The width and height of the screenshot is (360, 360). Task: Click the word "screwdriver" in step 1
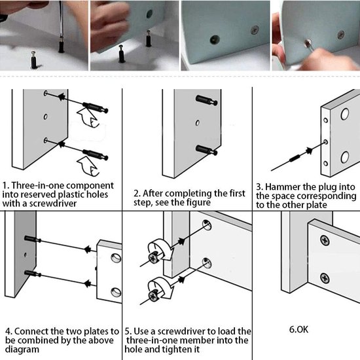pyautogui.click(x=53, y=204)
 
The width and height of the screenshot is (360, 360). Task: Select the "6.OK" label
pyautogui.click(x=298, y=329)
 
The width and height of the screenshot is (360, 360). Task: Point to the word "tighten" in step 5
pyautogui.click(x=175, y=350)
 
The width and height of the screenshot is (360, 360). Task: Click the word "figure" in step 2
pyautogui.click(x=198, y=202)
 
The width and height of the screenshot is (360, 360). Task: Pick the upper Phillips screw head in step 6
pyautogui.click(x=325, y=241)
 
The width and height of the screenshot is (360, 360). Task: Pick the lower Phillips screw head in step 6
pyautogui.click(x=325, y=278)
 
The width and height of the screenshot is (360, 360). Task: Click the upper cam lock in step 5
pyautogui.click(x=153, y=258)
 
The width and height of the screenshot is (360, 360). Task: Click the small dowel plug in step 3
pyautogui.click(x=295, y=158)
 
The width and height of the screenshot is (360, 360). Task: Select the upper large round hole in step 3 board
pyautogui.click(x=344, y=114)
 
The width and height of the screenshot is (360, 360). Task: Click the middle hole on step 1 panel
pyautogui.click(x=45, y=117)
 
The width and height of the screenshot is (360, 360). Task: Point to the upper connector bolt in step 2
pyautogui.click(x=207, y=100)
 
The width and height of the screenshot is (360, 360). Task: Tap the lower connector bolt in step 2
pyautogui.click(x=207, y=150)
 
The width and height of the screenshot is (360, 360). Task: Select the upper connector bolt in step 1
pyautogui.click(x=95, y=107)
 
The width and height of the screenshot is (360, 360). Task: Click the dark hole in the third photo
pyautogui.click(x=215, y=40)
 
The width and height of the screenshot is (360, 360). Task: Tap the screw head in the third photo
pyautogui.click(x=255, y=30)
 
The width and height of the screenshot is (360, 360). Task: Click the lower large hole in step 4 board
pyautogui.click(x=116, y=292)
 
